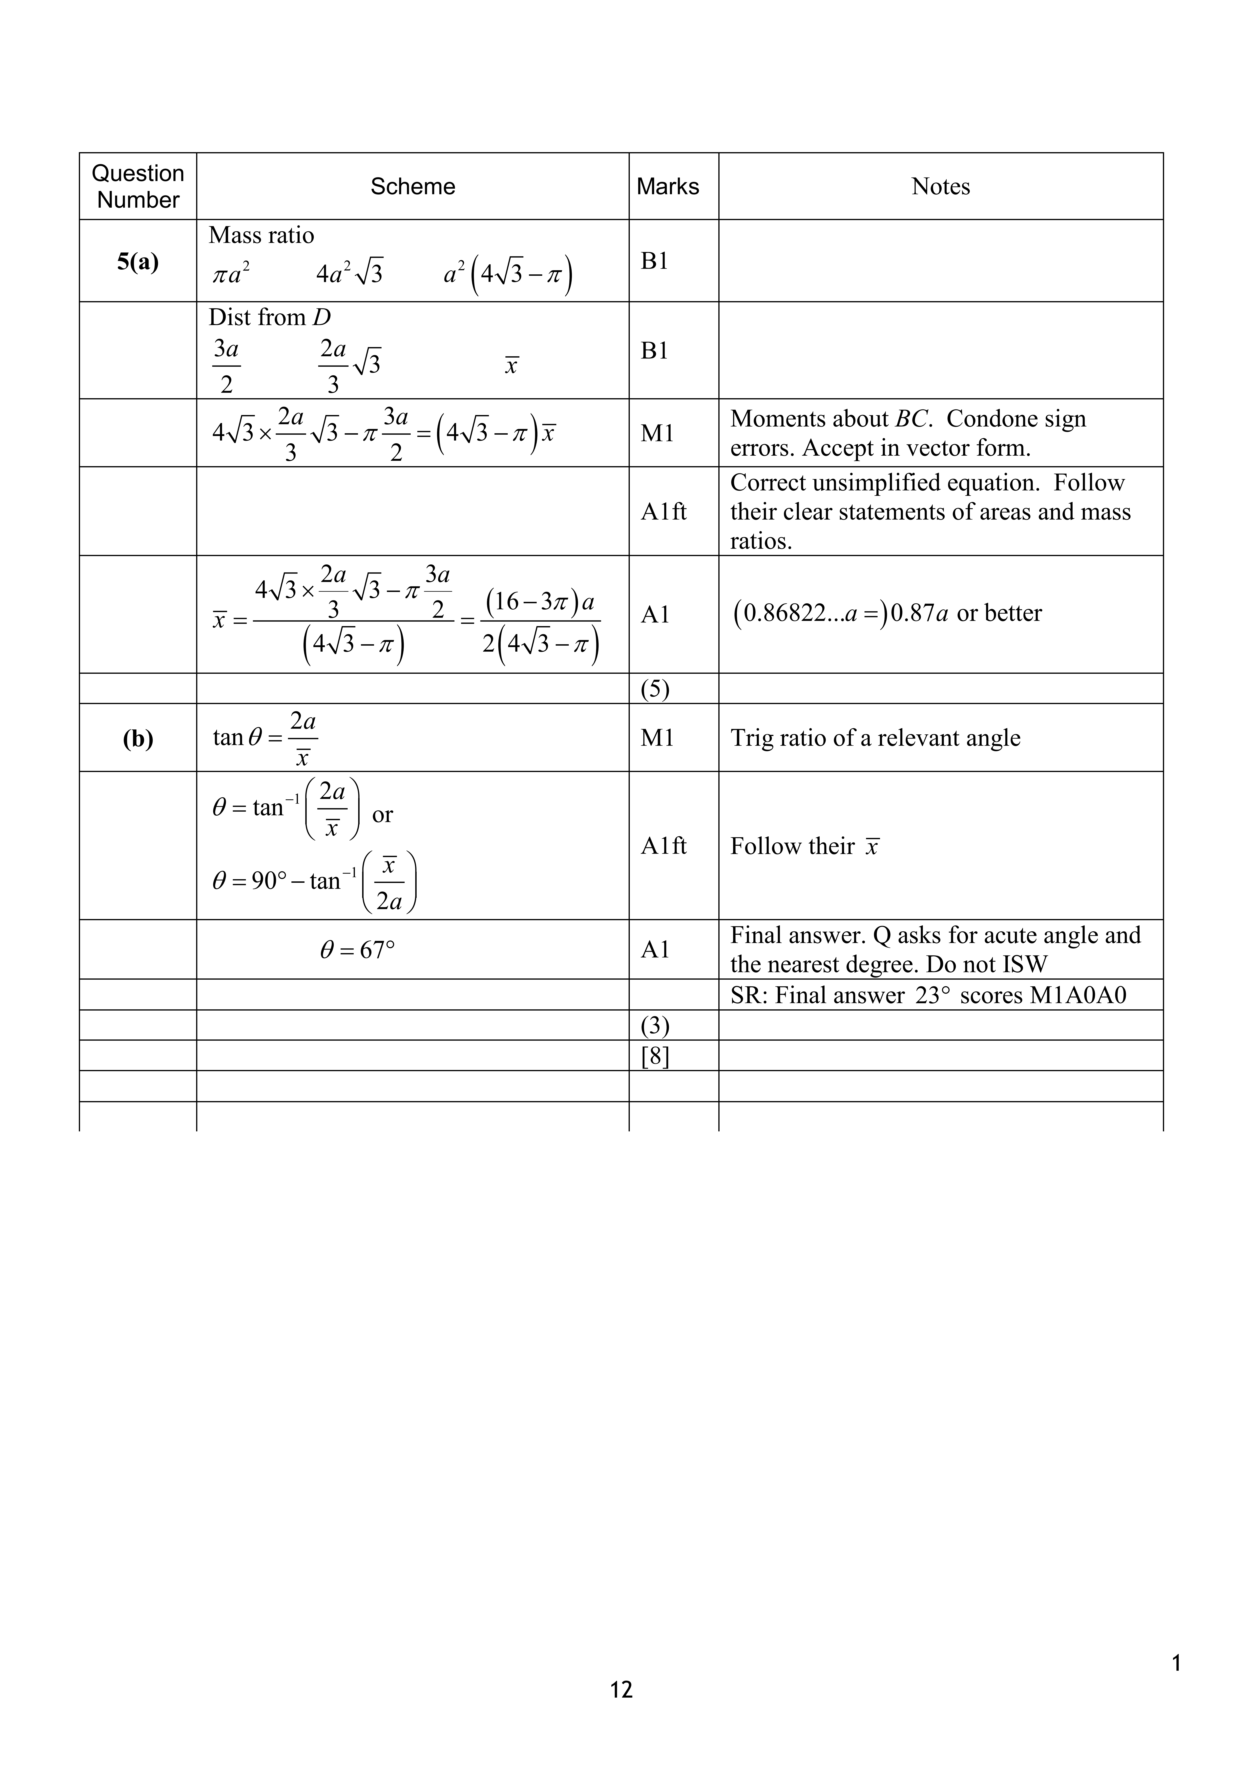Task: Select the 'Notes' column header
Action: tap(940, 187)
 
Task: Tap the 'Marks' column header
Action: tap(668, 187)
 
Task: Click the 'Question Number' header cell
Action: tap(138, 187)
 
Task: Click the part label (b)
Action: tap(138, 738)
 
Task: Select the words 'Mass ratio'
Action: tap(261, 236)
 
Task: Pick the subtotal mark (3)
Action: tap(655, 1026)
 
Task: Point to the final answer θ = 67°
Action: tap(357, 950)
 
